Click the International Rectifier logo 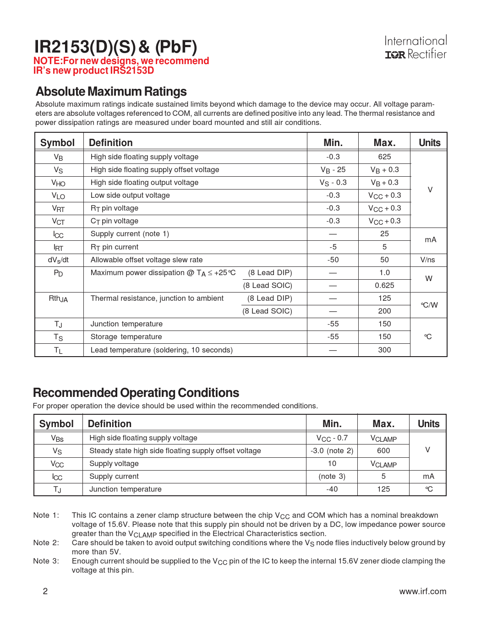(x=415, y=48)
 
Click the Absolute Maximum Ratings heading (x=111, y=92)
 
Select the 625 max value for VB (x=384, y=157)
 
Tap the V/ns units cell (x=428, y=260)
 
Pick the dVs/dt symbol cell (x=58, y=260)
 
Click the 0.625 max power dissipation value (x=384, y=285)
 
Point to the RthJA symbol (x=58, y=298)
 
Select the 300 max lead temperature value (x=384, y=350)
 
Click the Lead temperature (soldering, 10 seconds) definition (x=162, y=350)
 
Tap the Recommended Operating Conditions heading (x=136, y=393)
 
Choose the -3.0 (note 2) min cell (x=332, y=450)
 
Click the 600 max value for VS (x=383, y=450)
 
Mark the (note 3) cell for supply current (x=332, y=476)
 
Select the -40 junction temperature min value (x=332, y=489)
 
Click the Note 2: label (x=46, y=542)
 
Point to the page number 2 (x=45, y=591)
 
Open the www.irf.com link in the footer (x=422, y=591)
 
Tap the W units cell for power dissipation (x=429, y=278)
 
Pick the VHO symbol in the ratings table (x=58, y=183)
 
